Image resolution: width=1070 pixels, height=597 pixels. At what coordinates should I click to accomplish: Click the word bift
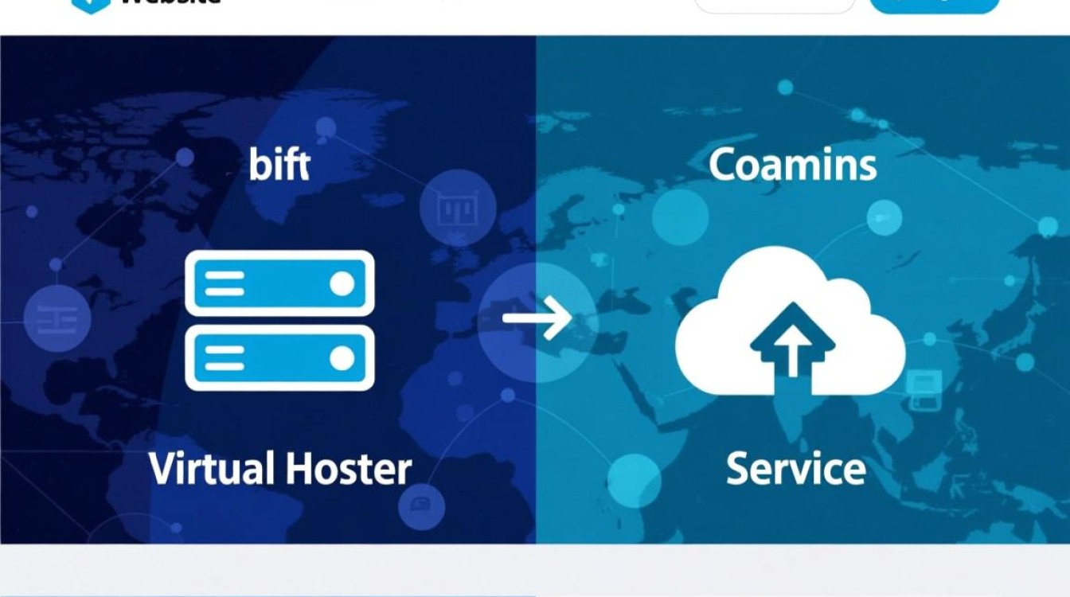pos(279,165)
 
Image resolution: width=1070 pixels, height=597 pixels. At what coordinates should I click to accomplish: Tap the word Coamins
pos(792,165)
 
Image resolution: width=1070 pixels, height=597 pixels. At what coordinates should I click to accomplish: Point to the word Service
pos(795,468)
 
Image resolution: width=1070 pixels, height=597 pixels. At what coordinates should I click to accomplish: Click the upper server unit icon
pos(279,283)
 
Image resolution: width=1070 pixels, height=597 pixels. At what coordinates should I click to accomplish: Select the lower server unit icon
pos(279,358)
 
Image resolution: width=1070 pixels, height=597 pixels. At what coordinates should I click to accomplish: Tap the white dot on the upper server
pos(342,283)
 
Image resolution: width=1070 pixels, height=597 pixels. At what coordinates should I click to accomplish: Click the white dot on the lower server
pos(342,359)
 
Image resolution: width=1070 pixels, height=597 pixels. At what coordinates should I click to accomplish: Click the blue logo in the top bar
pos(90,4)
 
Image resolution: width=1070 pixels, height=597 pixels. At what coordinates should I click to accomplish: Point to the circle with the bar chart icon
pos(457,209)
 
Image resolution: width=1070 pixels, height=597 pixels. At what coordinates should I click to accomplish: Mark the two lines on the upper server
pos(225,283)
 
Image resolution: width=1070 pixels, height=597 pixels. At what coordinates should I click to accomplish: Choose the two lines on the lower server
pos(225,359)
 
